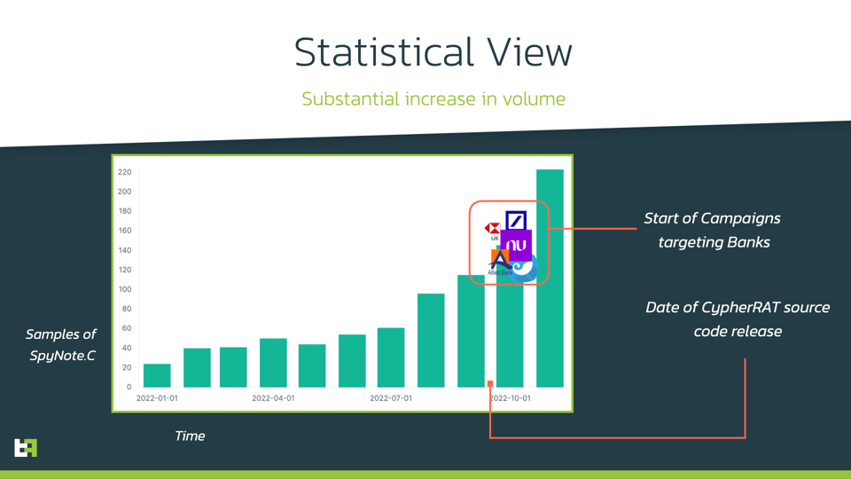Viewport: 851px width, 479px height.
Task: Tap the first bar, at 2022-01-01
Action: [157, 375]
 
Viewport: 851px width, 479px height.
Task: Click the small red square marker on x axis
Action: [490, 384]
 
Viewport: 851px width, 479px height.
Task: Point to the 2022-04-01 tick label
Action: [273, 398]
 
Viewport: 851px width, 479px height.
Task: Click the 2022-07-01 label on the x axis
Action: [391, 398]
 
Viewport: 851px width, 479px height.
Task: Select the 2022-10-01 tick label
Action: [511, 398]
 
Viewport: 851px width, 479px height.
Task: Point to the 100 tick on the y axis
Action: [124, 289]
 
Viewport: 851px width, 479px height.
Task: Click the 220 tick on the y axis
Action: [124, 172]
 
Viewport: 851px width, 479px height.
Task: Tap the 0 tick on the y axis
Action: [128, 387]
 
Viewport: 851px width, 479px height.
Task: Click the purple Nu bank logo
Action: [516, 246]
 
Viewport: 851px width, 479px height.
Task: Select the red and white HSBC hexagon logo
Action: [492, 229]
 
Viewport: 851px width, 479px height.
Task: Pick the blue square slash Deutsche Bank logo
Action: [516, 220]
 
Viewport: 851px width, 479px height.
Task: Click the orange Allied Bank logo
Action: [499, 261]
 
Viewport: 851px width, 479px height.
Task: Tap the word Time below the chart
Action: [190, 436]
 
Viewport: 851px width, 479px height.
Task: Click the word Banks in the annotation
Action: [749, 242]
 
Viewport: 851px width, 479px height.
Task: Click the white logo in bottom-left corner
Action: [26, 447]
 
